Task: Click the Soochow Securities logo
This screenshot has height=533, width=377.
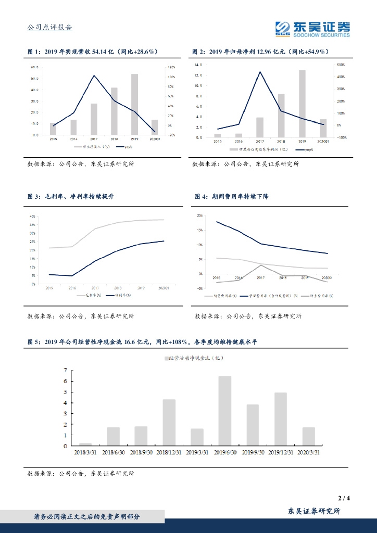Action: point(312,29)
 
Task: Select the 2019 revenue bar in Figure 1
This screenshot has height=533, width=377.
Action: point(134,104)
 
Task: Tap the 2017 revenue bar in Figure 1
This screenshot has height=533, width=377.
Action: point(94,119)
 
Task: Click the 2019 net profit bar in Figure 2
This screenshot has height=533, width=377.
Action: point(302,104)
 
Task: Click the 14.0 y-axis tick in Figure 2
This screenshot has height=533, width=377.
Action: point(198,65)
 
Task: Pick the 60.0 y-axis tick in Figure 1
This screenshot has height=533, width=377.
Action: point(34,68)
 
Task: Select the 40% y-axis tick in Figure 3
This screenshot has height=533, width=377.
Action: point(32,217)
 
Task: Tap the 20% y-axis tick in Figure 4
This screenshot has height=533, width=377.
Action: point(200,215)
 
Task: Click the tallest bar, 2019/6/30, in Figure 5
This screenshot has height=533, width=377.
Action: point(225,411)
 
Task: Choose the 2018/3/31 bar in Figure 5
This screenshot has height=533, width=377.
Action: point(85,444)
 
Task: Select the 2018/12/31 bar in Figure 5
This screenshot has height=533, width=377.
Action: point(169,422)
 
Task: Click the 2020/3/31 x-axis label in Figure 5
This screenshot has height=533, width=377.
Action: point(308,453)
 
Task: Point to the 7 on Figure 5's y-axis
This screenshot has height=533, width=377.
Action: point(65,370)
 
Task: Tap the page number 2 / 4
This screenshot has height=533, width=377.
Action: point(344,498)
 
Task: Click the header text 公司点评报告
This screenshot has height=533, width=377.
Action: point(49,28)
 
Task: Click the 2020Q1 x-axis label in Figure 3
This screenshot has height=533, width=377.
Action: point(164,288)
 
